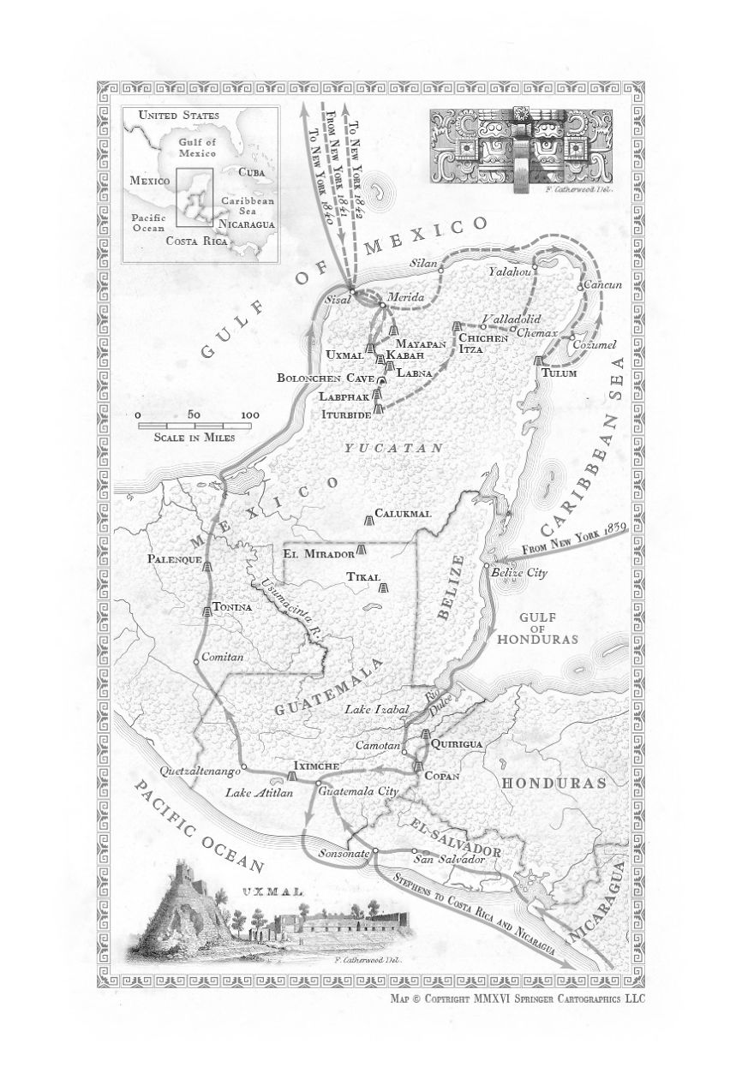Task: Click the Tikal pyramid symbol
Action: (383, 588)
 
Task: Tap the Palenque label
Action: (175, 559)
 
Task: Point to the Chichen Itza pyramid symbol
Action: (457, 327)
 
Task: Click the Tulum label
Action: (560, 373)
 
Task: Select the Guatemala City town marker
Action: (318, 783)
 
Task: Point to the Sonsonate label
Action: (344, 855)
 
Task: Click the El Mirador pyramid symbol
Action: (362, 549)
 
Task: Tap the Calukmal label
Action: (402, 514)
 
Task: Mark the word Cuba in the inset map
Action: (252, 171)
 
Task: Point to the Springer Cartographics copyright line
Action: (517, 999)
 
